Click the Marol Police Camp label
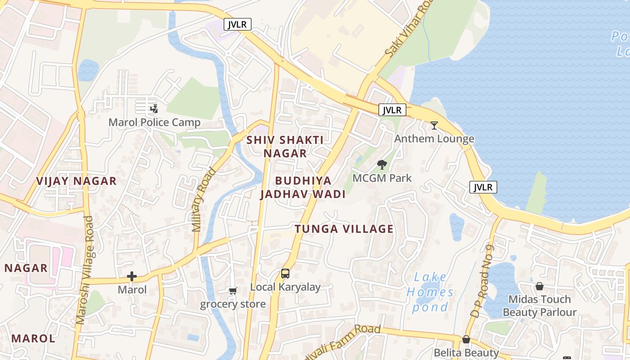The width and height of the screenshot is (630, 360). [x=154, y=122]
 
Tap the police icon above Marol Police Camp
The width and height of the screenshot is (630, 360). [x=154, y=108]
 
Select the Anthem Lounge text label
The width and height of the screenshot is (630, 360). [x=434, y=139]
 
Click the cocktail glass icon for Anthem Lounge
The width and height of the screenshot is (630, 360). [x=434, y=126]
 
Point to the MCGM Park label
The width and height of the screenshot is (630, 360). [x=382, y=178]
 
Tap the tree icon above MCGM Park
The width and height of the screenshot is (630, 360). [x=382, y=165]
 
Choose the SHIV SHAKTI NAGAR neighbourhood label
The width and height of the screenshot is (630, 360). [x=285, y=147]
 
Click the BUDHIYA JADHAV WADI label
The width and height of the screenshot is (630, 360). [x=303, y=187]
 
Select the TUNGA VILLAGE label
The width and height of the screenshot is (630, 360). [x=344, y=229]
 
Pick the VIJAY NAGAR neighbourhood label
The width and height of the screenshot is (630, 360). [x=76, y=181]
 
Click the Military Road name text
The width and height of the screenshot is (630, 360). [x=204, y=199]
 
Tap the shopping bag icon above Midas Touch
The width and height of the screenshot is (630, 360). [x=539, y=286]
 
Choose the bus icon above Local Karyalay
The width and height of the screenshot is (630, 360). [x=285, y=273]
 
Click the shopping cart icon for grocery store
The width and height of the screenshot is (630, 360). [x=233, y=291]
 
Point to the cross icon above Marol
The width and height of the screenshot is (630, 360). [x=132, y=276]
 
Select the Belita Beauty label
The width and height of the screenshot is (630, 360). [x=466, y=352]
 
